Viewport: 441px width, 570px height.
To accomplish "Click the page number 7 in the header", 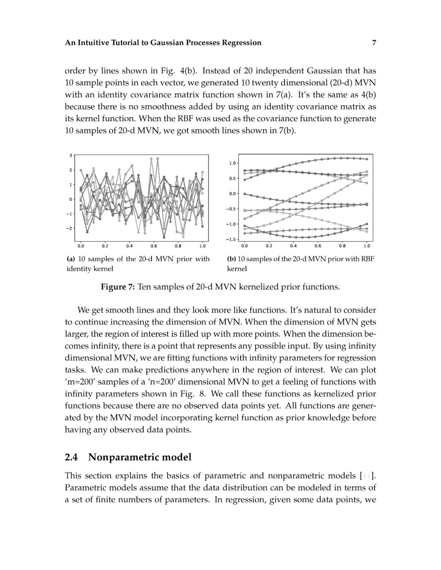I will [374, 42].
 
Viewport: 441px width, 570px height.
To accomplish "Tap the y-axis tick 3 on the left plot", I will [71, 155].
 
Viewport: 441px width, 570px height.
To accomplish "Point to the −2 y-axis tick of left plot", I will [69, 228].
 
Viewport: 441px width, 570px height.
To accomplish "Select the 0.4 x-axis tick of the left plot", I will [129, 246].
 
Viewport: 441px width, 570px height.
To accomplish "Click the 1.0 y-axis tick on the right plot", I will [232, 163].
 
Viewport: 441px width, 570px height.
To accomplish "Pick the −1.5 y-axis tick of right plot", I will [231, 239].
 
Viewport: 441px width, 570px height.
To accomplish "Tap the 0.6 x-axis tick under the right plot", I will [318, 246].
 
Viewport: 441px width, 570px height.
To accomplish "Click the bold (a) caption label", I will [71, 259].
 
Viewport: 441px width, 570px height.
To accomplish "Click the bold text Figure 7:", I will [118, 287].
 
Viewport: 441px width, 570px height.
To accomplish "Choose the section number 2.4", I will [71, 457].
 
